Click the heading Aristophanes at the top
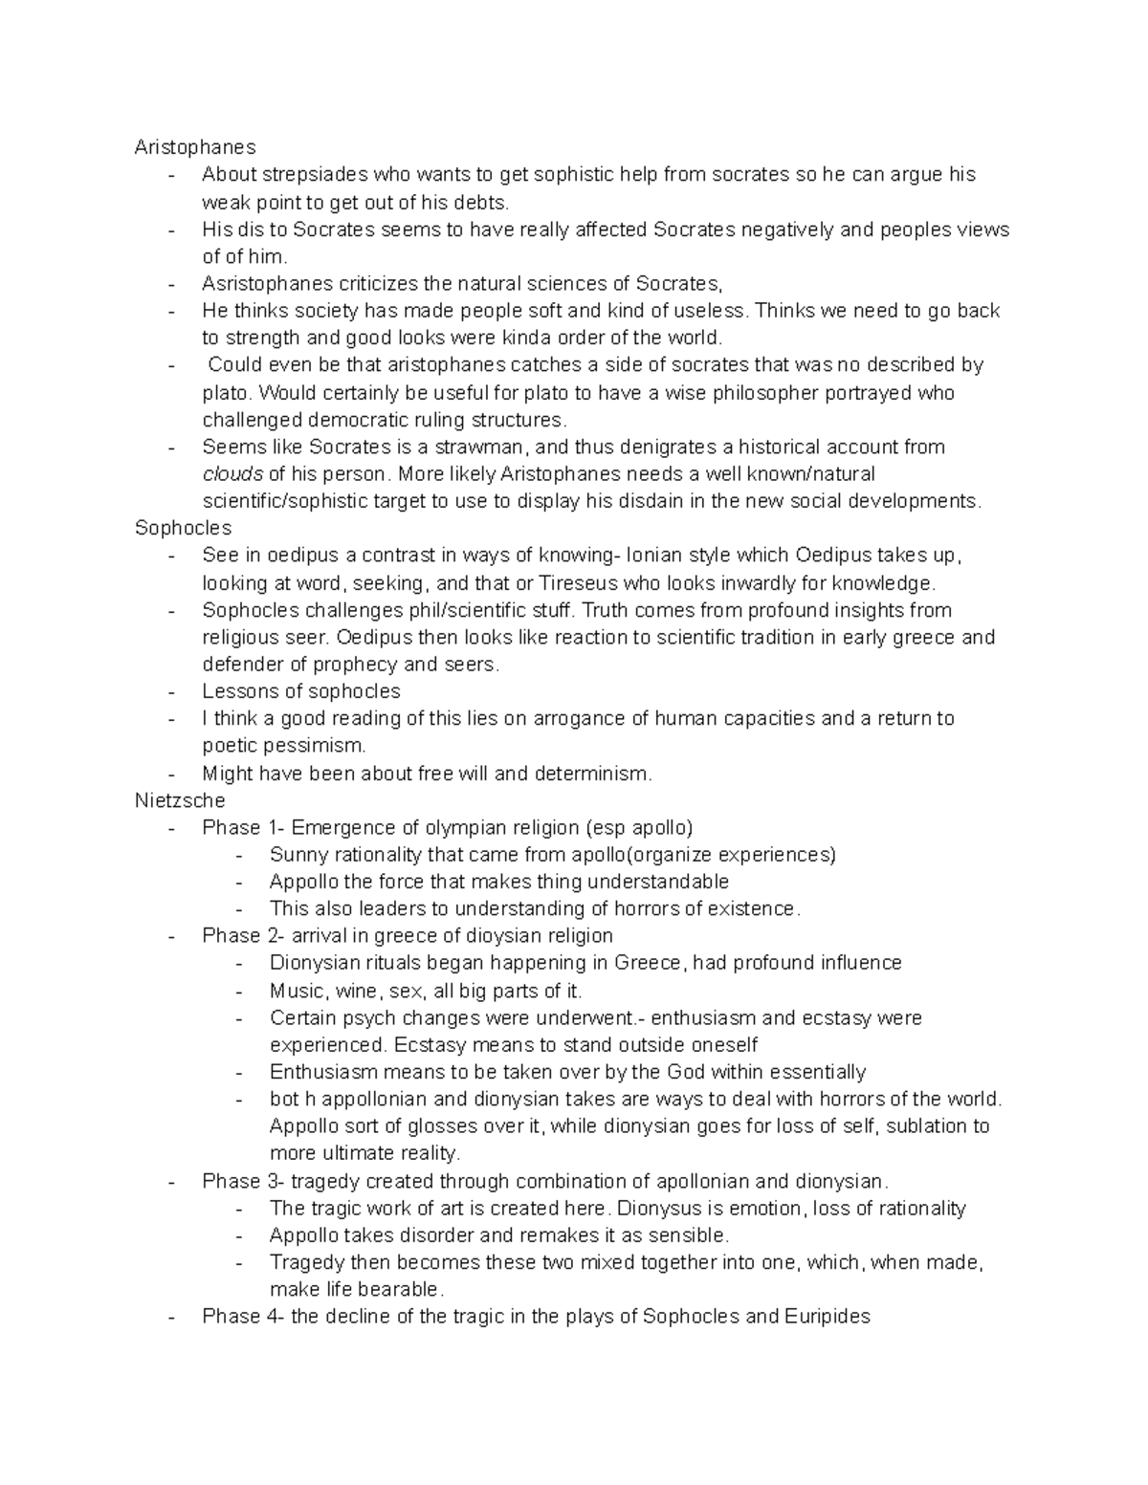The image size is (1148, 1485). point(195,147)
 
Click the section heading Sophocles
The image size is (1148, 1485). point(183,528)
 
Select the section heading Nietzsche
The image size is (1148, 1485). point(180,800)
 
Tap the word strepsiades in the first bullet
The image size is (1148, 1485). point(315,174)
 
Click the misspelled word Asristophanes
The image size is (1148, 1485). point(267,283)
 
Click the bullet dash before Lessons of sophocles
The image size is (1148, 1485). point(171,691)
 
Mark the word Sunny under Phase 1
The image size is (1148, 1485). point(298,854)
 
